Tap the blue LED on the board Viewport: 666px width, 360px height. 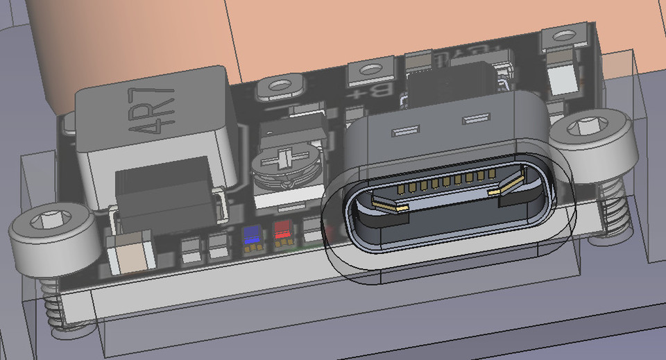click(x=253, y=234)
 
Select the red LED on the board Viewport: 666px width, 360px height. click(x=282, y=230)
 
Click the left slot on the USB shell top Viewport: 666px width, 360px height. click(x=406, y=130)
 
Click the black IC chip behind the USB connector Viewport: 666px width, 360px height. click(x=451, y=83)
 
